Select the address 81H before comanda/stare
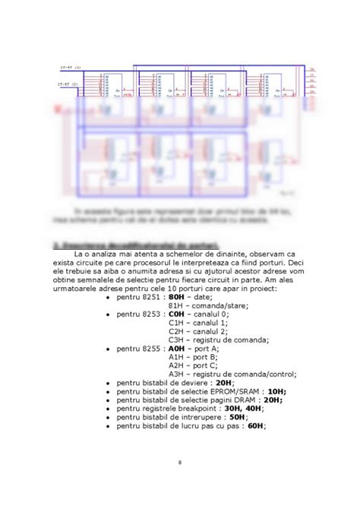(x=175, y=305)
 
